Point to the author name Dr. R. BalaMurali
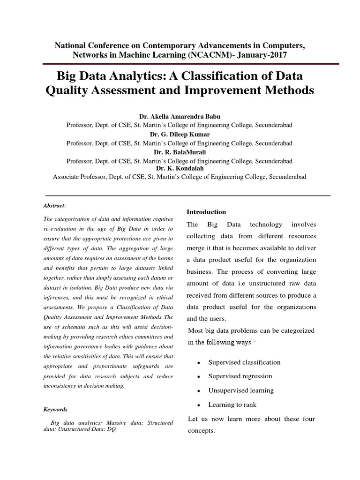pyautogui.click(x=180, y=152)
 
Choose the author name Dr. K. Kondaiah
pyautogui.click(x=180, y=167)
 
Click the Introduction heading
pyautogui.click(x=206, y=212)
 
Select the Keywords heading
pyautogui.click(x=55, y=409)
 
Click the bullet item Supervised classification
pyautogui.click(x=244, y=362)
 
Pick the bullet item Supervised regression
pyautogui.click(x=240, y=376)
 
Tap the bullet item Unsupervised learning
pyautogui.click(x=241, y=390)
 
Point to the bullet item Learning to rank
pyautogui.click(x=232, y=405)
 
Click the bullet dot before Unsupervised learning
pyautogui.click(x=199, y=391)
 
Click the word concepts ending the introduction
pyautogui.click(x=201, y=431)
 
